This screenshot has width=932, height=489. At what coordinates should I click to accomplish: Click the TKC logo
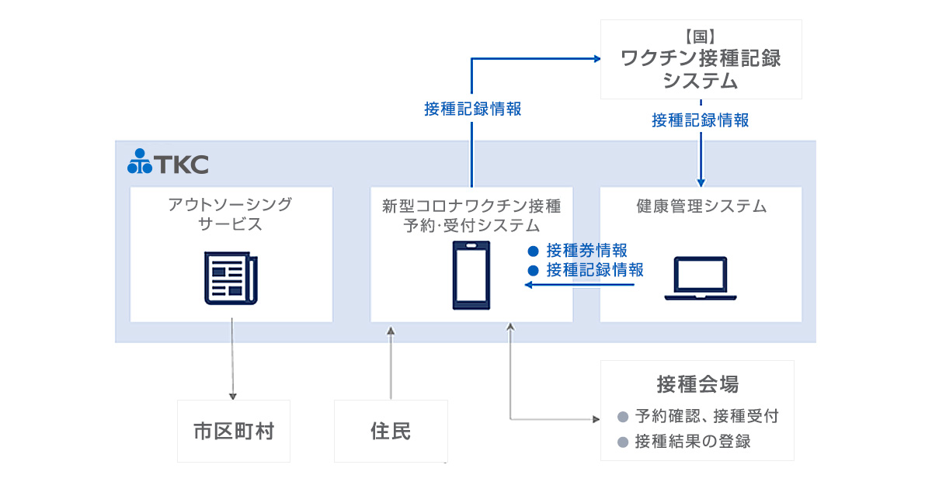pos(168,162)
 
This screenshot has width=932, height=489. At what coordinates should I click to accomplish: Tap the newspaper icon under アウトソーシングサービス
pos(227,277)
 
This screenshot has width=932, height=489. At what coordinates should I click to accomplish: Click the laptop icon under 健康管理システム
pos(700,279)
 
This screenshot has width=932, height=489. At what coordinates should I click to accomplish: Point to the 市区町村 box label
pos(233,431)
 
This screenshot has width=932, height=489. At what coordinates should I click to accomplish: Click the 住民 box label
pos(391,431)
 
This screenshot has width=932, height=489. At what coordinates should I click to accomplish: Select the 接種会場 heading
pos(697,383)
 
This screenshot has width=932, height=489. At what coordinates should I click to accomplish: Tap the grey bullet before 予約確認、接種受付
pos(622,417)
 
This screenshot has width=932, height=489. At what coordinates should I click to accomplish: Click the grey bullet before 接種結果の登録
pos(622,442)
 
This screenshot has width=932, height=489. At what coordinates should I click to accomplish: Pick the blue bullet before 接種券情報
pos(533,251)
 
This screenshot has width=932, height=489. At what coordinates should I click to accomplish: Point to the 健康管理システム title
pos(701,206)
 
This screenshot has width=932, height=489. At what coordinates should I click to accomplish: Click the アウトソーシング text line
pos(231,204)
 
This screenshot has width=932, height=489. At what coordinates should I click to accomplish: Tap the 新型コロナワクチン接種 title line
pos(471,206)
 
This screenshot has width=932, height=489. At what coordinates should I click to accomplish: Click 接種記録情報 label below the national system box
pos(700,120)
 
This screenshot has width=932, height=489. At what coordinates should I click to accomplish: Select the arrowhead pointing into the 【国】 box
pos(597,58)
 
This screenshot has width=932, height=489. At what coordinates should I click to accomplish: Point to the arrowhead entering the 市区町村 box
pos(233,395)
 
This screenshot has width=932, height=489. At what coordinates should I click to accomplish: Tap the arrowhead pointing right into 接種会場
pos(596,419)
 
